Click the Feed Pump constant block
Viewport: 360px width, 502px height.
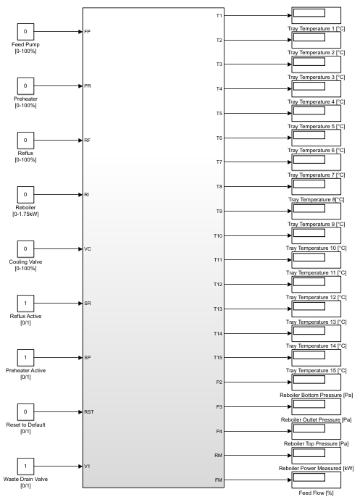click(25, 32)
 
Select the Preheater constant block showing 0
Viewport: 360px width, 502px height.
click(25, 85)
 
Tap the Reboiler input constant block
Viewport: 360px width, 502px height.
click(25, 194)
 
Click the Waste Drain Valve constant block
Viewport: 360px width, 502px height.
click(25, 467)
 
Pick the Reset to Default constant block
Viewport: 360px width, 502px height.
click(25, 411)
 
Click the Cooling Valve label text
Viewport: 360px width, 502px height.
click(25, 262)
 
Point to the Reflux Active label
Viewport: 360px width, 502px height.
click(25, 316)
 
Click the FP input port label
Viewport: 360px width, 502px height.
click(87, 32)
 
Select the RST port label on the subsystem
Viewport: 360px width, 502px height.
click(89, 411)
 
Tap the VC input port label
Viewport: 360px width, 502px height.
click(88, 248)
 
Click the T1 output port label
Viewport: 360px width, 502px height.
click(219, 16)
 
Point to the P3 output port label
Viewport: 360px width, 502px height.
click(219, 406)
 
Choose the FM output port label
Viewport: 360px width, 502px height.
click(219, 480)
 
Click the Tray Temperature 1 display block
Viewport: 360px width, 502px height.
click(316, 15)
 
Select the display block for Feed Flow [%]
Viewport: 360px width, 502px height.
click(316, 480)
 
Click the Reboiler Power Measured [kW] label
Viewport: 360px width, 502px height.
click(316, 468)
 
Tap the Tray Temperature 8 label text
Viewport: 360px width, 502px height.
click(316, 199)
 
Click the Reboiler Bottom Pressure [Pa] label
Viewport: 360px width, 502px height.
click(316, 395)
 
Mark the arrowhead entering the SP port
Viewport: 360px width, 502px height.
click(80, 358)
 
